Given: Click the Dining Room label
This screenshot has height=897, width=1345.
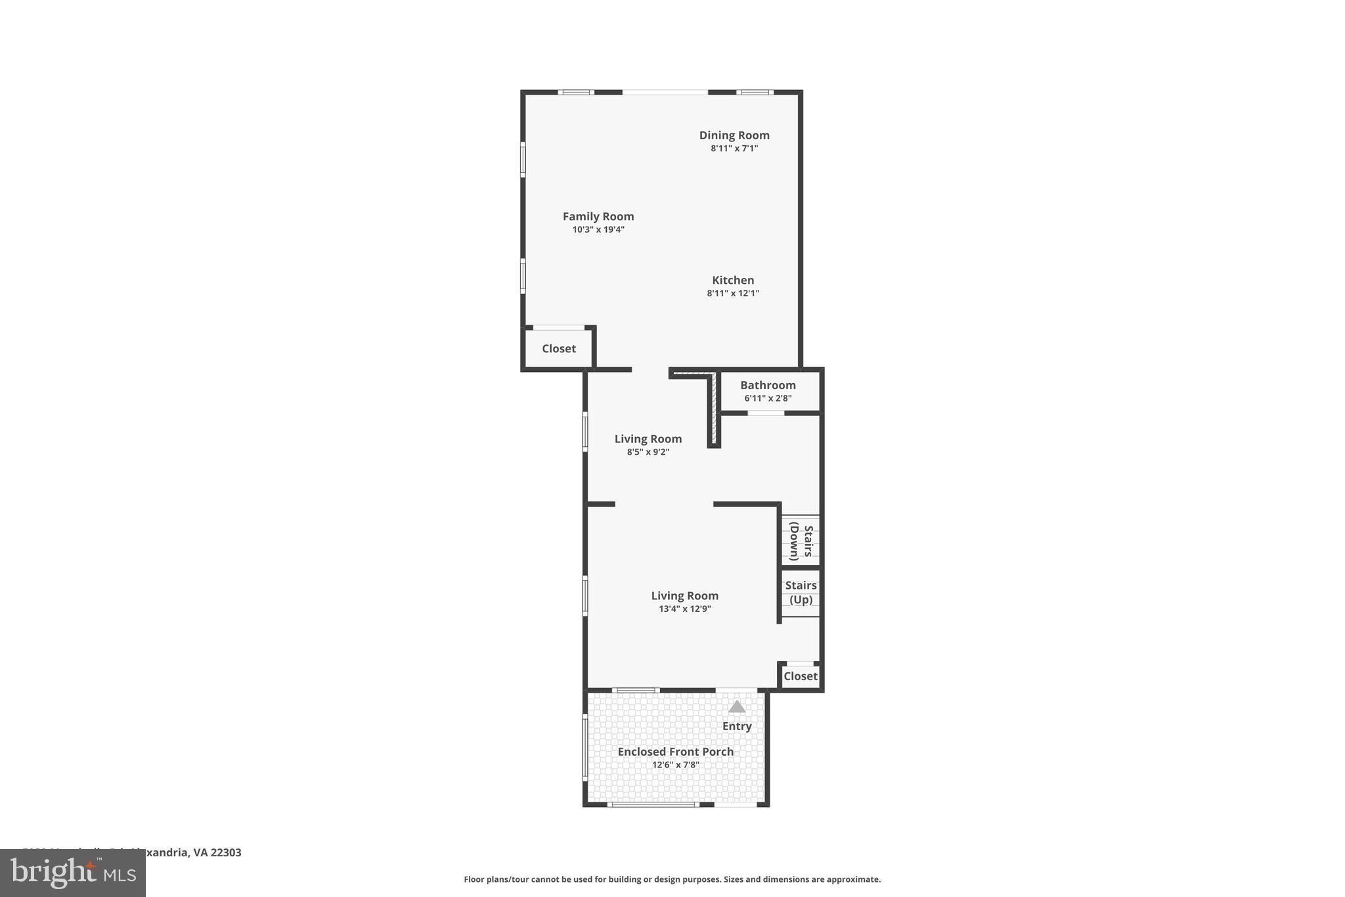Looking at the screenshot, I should pyautogui.click(x=734, y=135).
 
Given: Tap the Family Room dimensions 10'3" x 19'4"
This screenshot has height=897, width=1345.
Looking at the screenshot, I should pyautogui.click(x=598, y=230).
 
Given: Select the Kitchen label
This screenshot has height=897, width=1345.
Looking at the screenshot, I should pyautogui.click(x=733, y=281).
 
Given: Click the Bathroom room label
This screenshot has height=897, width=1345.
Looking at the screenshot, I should pyautogui.click(x=768, y=386).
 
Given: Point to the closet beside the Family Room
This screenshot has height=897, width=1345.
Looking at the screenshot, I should pyautogui.click(x=558, y=349).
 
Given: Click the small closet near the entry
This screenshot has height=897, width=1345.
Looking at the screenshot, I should pyautogui.click(x=800, y=676).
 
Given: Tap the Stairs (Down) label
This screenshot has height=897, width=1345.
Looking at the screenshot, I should pyautogui.click(x=801, y=541).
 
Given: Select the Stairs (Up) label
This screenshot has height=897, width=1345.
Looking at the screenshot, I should pyautogui.click(x=801, y=592).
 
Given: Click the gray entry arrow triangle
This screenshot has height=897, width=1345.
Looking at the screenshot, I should pyautogui.click(x=737, y=707).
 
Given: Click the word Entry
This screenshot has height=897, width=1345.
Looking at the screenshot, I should pyautogui.click(x=737, y=726).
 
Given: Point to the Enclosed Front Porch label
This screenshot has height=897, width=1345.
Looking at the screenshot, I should pyautogui.click(x=675, y=752).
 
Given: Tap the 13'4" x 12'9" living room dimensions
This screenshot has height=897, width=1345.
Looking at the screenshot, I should pyautogui.click(x=684, y=609).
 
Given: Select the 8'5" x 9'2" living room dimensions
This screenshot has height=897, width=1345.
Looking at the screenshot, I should pyautogui.click(x=648, y=452).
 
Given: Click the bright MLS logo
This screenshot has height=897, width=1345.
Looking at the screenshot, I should pyautogui.click(x=73, y=873).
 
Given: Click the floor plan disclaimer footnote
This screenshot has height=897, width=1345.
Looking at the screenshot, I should pyautogui.click(x=672, y=879).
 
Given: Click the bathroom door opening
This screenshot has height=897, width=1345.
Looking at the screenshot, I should pyautogui.click(x=766, y=413).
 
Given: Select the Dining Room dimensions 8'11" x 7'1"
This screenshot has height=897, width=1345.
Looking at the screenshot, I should pyautogui.click(x=734, y=149).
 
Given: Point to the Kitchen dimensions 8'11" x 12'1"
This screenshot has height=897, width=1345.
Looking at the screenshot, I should pyautogui.click(x=733, y=294).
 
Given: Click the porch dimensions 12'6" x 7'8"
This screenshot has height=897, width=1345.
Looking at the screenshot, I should pyautogui.click(x=675, y=765).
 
